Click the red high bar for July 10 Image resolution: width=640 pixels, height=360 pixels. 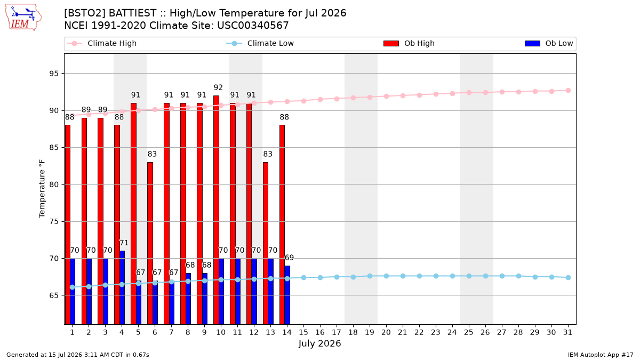point(217,210)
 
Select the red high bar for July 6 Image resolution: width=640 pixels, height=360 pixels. point(150,243)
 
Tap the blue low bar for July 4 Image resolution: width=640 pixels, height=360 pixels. point(122,287)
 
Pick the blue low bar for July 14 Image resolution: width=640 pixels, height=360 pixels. point(287,295)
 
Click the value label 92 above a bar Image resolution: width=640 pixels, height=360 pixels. point(218,87)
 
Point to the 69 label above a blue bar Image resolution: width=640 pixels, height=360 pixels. point(289,258)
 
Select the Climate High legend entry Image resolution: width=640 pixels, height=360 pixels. point(102,43)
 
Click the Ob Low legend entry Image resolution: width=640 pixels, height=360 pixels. point(549,43)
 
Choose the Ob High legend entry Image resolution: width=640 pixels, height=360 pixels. point(409,43)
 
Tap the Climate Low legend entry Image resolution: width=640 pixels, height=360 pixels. point(260,43)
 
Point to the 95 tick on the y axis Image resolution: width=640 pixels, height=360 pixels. point(54,74)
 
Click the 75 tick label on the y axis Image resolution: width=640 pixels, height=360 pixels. point(54,222)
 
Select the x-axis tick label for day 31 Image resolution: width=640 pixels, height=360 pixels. point(567,333)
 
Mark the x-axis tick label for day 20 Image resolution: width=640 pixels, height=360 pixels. point(386,333)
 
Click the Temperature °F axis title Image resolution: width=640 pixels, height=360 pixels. point(42,189)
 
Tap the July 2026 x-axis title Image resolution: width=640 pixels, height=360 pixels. point(319,343)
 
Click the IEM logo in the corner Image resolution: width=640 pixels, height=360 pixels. point(23,18)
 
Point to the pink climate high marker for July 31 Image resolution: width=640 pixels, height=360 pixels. point(568,91)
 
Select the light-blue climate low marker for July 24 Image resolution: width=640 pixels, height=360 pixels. point(452,276)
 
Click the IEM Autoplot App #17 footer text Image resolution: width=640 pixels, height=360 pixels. point(601,355)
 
